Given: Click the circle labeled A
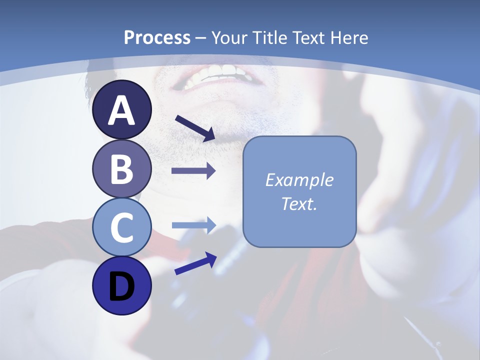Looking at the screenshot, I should tap(122, 110).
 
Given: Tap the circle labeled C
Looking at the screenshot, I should tap(122, 227).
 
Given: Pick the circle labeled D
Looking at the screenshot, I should tap(122, 286).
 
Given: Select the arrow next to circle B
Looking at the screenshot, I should tap(193, 171).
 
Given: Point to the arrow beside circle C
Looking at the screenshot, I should tap(193, 225).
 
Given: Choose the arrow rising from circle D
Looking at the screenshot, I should tap(195, 264).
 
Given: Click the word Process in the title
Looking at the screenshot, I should tap(157, 38).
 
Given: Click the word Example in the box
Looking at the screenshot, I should tap(299, 180).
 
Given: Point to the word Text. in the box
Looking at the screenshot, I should tap(299, 204).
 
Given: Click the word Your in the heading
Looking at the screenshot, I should tap(229, 38).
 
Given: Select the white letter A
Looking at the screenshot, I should tap(122, 110).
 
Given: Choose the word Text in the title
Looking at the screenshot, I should tap(309, 38).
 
